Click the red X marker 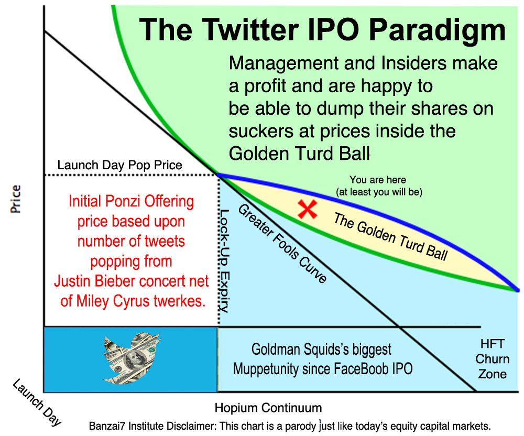[x=308, y=210]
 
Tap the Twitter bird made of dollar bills [x=132, y=358]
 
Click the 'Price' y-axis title [x=15, y=199]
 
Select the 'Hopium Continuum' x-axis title [x=268, y=408]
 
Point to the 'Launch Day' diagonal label [x=37, y=402]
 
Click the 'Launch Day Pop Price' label [x=119, y=165]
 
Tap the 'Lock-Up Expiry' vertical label [x=224, y=261]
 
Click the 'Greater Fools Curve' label [x=282, y=244]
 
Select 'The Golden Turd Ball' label [x=390, y=236]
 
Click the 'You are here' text [x=378, y=180]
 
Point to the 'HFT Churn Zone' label [x=492, y=359]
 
